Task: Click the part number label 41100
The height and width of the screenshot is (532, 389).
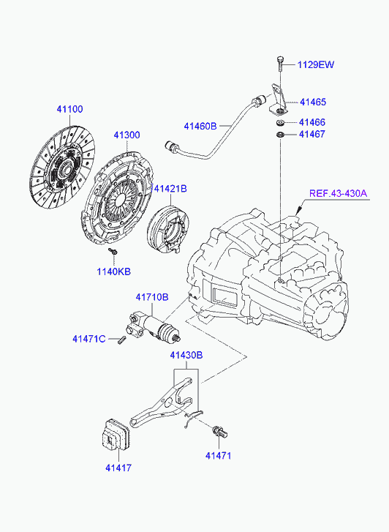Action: click(x=69, y=109)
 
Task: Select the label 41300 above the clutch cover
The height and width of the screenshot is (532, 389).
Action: click(x=126, y=135)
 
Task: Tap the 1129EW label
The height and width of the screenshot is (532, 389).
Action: click(x=315, y=64)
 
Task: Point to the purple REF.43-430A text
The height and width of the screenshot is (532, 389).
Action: click(x=338, y=193)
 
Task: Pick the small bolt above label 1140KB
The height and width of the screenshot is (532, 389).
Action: click(x=113, y=252)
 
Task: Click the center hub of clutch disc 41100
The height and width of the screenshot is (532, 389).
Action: click(x=64, y=168)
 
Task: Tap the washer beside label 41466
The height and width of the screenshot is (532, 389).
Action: click(x=280, y=122)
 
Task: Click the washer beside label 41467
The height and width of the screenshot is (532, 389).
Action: click(x=280, y=135)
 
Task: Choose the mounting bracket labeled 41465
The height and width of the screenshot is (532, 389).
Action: click(x=278, y=100)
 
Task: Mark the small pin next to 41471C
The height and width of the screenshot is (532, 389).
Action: click(x=122, y=340)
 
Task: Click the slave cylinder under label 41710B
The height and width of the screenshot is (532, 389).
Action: click(x=154, y=327)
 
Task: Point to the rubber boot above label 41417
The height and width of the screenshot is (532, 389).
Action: click(x=116, y=435)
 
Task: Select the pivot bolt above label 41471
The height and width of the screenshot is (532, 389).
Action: click(x=220, y=432)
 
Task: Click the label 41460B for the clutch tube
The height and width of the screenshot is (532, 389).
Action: click(x=200, y=126)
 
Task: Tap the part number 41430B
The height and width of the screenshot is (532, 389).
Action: click(x=186, y=355)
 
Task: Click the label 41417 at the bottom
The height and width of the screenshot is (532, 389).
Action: click(x=118, y=468)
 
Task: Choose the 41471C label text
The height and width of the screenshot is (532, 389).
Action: click(x=89, y=339)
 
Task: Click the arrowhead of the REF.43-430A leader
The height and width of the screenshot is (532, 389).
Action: click(x=298, y=213)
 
